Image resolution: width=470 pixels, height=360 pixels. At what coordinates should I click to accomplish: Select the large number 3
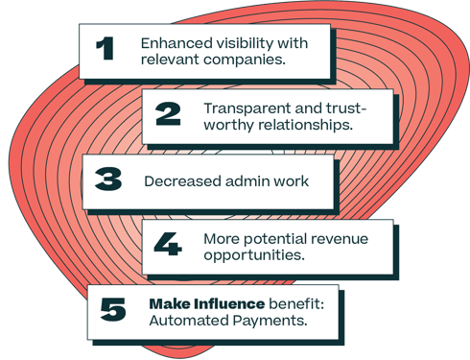(108, 180)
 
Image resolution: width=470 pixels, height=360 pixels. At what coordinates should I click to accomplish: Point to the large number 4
(168, 244)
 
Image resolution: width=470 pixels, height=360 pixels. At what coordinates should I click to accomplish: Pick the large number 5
(113, 310)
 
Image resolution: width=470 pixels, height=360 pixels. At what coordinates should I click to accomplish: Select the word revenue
(335, 236)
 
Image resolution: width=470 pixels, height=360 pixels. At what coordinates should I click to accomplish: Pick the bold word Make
(165, 303)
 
